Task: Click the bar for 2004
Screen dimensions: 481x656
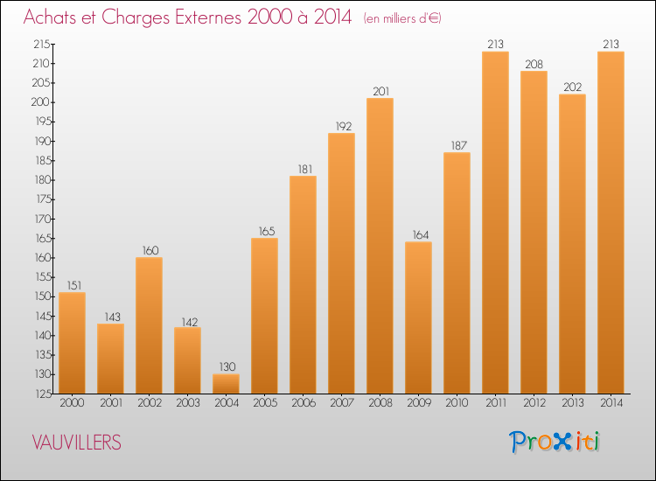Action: click(x=226, y=384)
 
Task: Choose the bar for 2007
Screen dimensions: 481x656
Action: click(x=341, y=263)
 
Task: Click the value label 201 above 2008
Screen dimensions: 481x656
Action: click(x=380, y=91)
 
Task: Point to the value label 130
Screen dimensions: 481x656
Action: click(x=226, y=367)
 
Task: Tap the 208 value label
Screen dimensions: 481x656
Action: click(x=534, y=64)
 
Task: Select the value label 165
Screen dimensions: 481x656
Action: click(x=264, y=231)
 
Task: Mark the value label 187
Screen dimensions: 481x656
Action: click(x=457, y=145)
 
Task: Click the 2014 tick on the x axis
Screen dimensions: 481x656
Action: click(x=611, y=403)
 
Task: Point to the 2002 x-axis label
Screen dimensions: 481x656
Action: click(x=149, y=403)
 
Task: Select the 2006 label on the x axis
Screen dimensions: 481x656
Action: click(x=303, y=403)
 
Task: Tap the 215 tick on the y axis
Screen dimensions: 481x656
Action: click(x=40, y=44)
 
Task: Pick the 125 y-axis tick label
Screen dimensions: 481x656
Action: click(x=40, y=394)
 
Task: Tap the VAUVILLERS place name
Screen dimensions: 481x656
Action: click(x=77, y=443)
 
